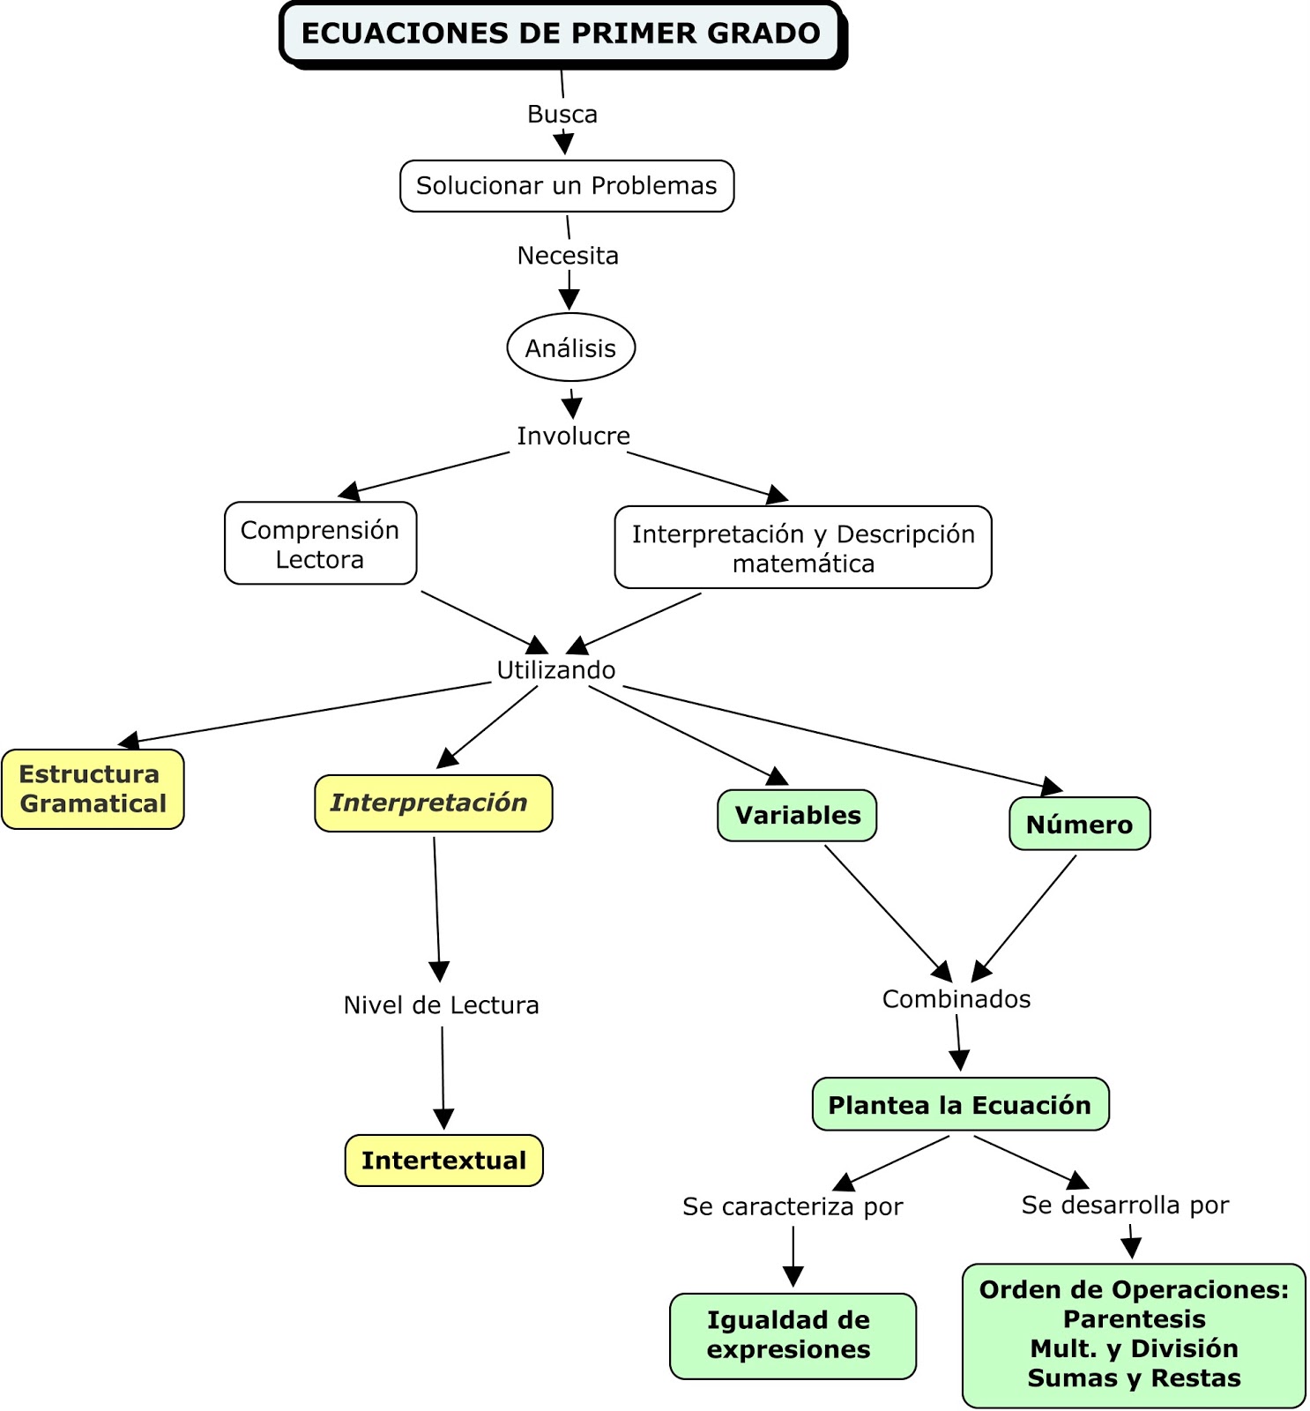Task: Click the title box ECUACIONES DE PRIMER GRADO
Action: pyautogui.click(x=561, y=34)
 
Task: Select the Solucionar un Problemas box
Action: pyautogui.click(x=567, y=186)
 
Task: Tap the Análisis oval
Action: pyautogui.click(x=571, y=348)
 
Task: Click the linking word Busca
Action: pyautogui.click(x=562, y=115)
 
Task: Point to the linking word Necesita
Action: pyautogui.click(x=568, y=256)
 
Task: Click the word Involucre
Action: pyautogui.click(x=573, y=437)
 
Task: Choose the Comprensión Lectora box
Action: pyautogui.click(x=320, y=544)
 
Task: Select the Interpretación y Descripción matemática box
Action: pyautogui.click(x=803, y=548)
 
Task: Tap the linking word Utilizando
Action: pyautogui.click(x=555, y=670)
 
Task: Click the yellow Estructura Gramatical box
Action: pyautogui.click(x=93, y=789)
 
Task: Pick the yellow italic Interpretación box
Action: pyautogui.click(x=433, y=803)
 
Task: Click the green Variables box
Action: pyautogui.click(x=797, y=816)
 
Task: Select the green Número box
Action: pyautogui.click(x=1079, y=825)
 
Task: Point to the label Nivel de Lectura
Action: pyautogui.click(x=441, y=1005)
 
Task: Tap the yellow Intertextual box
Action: pyautogui.click(x=443, y=1161)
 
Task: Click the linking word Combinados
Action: pyautogui.click(x=956, y=999)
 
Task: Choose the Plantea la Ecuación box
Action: pyautogui.click(x=960, y=1105)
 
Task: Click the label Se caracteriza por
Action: pyautogui.click(x=793, y=1206)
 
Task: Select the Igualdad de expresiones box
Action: pyautogui.click(x=793, y=1335)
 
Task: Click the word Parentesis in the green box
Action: pyautogui.click(x=1134, y=1319)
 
